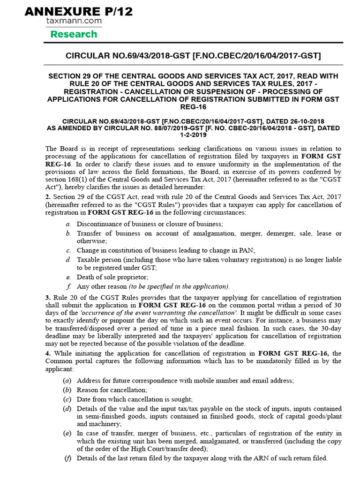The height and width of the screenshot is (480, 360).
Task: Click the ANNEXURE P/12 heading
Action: [x=79, y=11]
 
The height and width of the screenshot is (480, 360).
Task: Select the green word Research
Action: [x=74, y=34]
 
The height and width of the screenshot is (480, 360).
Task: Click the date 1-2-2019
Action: [x=193, y=135]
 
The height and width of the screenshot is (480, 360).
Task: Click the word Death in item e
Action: [x=85, y=277]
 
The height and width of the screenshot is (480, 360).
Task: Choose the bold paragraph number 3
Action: [x=47, y=298]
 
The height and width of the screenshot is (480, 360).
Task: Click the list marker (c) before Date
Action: [x=67, y=399]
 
